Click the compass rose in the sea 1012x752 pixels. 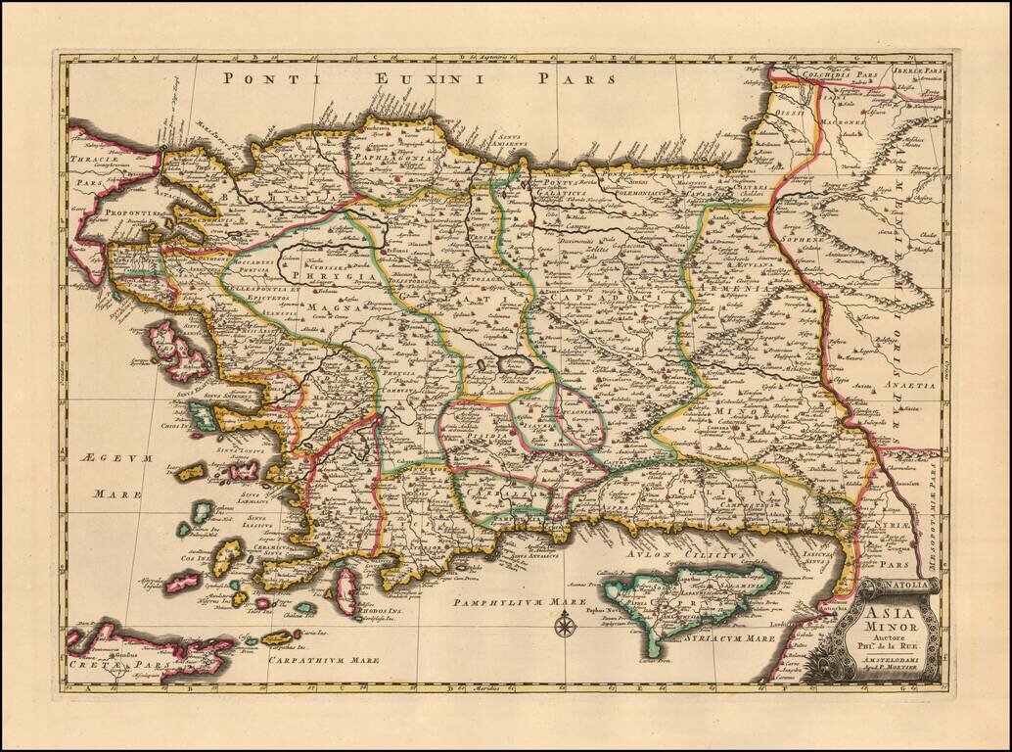coord(565,623)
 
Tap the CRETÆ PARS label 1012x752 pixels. coord(106,665)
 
